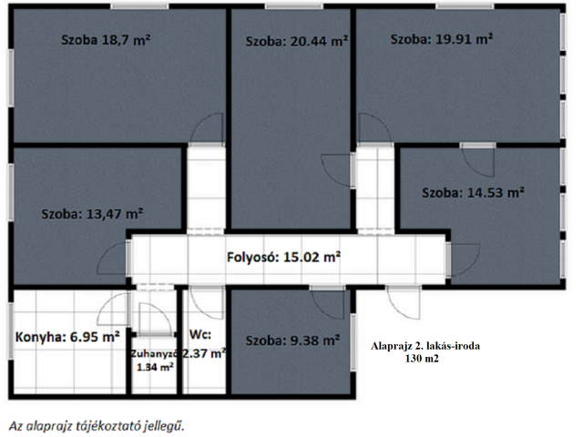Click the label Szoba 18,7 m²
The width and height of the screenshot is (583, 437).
tap(106, 40)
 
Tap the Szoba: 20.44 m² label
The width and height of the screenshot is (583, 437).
tap(297, 41)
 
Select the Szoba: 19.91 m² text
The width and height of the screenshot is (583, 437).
tap(442, 39)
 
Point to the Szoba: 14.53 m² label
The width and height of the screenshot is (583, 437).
tap(473, 193)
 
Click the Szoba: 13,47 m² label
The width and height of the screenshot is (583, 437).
tap(92, 214)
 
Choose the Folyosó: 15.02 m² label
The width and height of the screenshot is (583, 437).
tap(283, 258)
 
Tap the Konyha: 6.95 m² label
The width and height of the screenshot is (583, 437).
tap(68, 337)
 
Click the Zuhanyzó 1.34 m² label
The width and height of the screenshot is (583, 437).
tap(154, 360)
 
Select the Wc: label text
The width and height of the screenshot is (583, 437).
tap(200, 334)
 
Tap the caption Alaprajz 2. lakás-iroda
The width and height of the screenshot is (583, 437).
tap(432, 346)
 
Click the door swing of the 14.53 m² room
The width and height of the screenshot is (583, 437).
tap(476, 159)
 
